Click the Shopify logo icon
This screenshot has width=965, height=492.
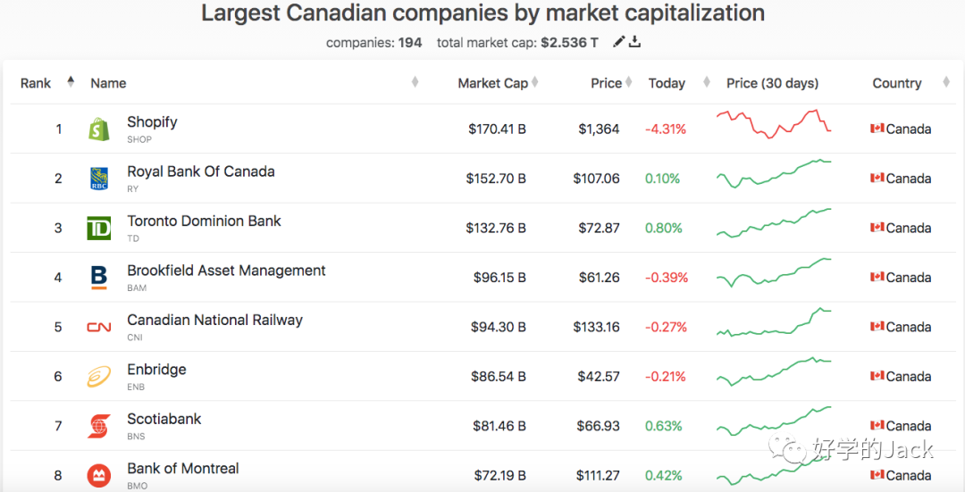click(x=99, y=129)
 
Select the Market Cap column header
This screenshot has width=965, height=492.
click(x=492, y=83)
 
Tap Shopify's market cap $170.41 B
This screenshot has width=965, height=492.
click(x=497, y=129)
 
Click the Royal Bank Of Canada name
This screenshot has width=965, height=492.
click(x=200, y=171)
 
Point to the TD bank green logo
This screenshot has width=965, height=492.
click(x=99, y=228)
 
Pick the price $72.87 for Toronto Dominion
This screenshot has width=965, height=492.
click(x=598, y=228)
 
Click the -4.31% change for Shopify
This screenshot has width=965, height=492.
click(x=666, y=129)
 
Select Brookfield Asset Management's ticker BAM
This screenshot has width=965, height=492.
click(x=137, y=288)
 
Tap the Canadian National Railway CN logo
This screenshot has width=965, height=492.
click(x=99, y=327)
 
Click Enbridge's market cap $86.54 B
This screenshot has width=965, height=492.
click(x=499, y=376)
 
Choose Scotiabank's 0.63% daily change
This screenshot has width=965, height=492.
click(x=664, y=426)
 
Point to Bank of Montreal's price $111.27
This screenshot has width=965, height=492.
click(x=596, y=475)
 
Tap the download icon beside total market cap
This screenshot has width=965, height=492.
click(x=635, y=42)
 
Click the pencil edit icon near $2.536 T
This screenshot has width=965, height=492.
click(x=618, y=42)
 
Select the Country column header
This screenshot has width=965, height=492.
click(x=896, y=83)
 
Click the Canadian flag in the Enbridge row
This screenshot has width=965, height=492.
click(x=877, y=376)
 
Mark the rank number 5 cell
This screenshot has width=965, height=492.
click(x=58, y=327)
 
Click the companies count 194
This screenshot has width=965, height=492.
click(x=410, y=42)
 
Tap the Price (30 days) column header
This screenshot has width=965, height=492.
click(x=772, y=83)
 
